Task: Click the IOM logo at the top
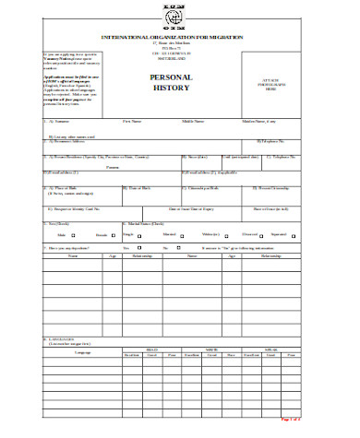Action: pos(179,14)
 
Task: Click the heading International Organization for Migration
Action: pos(179,35)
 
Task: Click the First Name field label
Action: pos(133,120)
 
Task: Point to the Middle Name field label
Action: pos(193,120)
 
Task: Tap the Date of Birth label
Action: pos(138,188)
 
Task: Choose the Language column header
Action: pos(82,352)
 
